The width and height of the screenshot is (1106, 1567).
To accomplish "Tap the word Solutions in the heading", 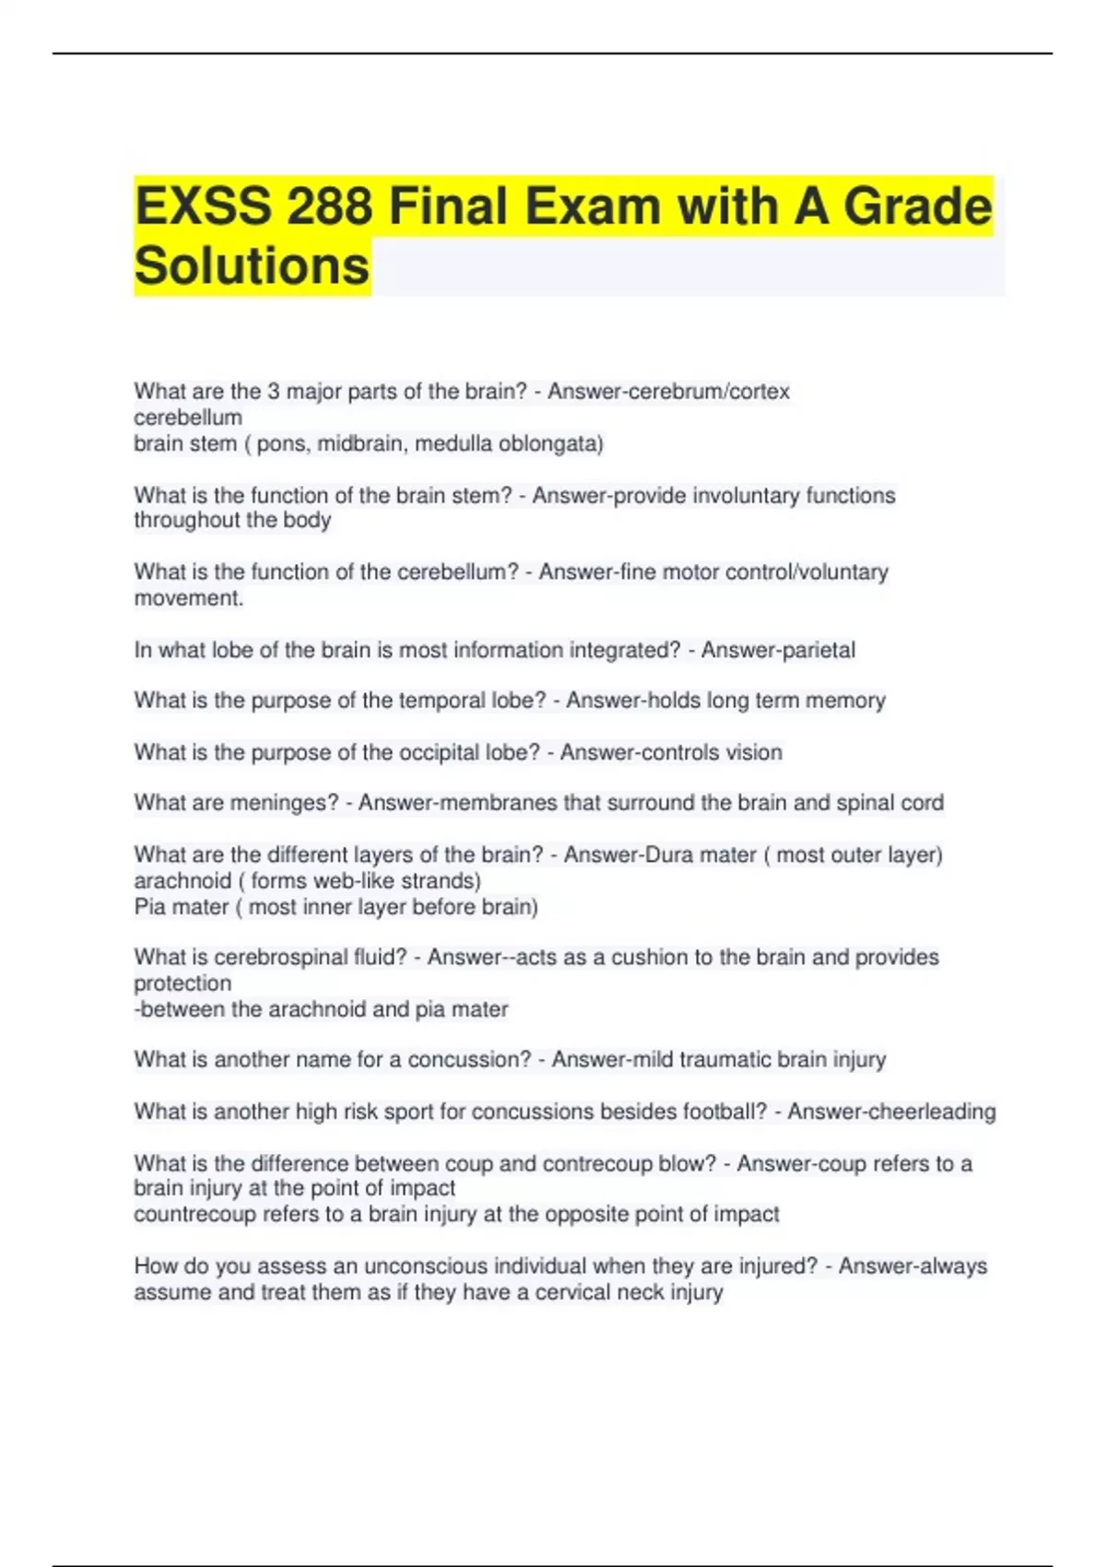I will [x=252, y=266].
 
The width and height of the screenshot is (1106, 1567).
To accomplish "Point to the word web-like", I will [x=324, y=880].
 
